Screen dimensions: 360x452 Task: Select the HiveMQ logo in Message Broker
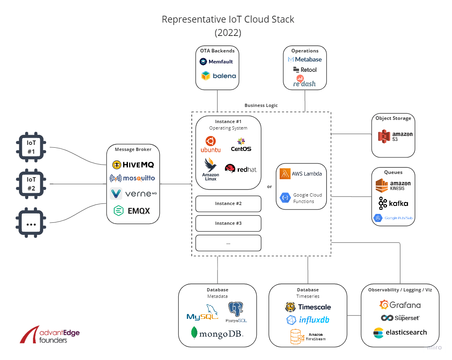click(133, 165)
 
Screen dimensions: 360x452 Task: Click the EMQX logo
click(132, 211)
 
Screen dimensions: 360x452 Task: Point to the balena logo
click(217, 75)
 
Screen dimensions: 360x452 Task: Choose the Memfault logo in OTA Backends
click(216, 62)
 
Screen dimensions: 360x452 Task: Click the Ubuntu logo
click(211, 144)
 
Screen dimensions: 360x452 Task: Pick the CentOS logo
click(241, 144)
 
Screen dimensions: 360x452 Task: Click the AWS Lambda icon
click(285, 174)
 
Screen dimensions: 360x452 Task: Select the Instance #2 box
click(228, 204)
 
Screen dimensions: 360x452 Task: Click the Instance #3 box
click(228, 223)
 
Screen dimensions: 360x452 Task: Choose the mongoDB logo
click(217, 334)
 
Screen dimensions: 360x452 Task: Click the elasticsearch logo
click(400, 333)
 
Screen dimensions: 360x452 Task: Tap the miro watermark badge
click(434, 347)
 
